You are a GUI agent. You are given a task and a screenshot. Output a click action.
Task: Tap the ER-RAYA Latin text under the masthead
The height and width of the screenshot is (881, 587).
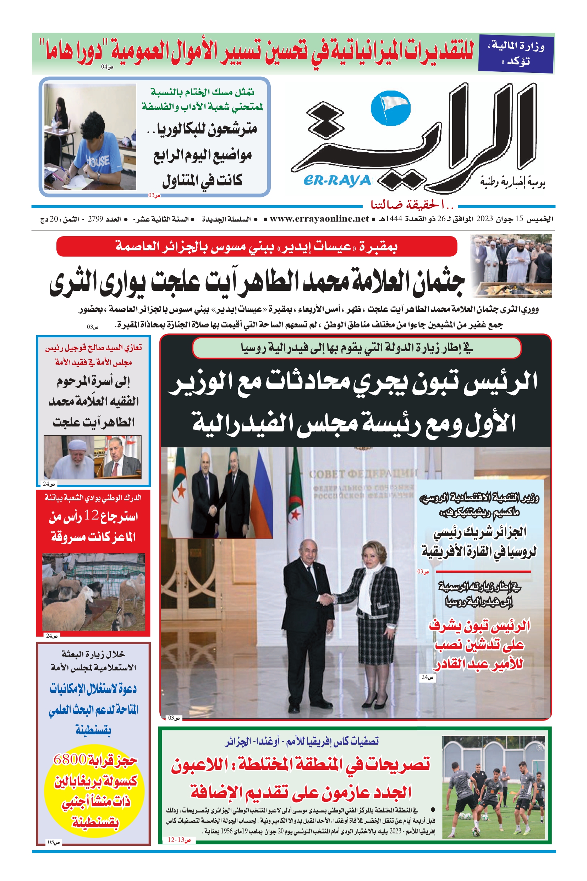coord(337,180)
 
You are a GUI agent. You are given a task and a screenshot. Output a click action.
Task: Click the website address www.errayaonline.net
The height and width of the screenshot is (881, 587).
coord(319,219)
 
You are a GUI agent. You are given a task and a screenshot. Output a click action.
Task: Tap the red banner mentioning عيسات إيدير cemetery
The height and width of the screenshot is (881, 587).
coord(257,246)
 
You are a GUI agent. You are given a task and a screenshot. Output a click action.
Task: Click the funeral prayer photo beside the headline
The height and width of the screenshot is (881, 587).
coord(511,266)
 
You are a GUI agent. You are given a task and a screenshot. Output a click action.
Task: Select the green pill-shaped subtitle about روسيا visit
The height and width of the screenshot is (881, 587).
coord(356,348)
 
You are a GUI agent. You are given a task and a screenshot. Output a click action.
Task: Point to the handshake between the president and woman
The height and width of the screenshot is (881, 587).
coord(327,599)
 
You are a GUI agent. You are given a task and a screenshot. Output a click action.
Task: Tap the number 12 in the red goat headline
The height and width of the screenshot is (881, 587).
coord(91,515)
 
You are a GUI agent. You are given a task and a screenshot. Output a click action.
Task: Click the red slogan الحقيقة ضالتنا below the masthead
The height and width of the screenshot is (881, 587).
coord(412,205)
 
